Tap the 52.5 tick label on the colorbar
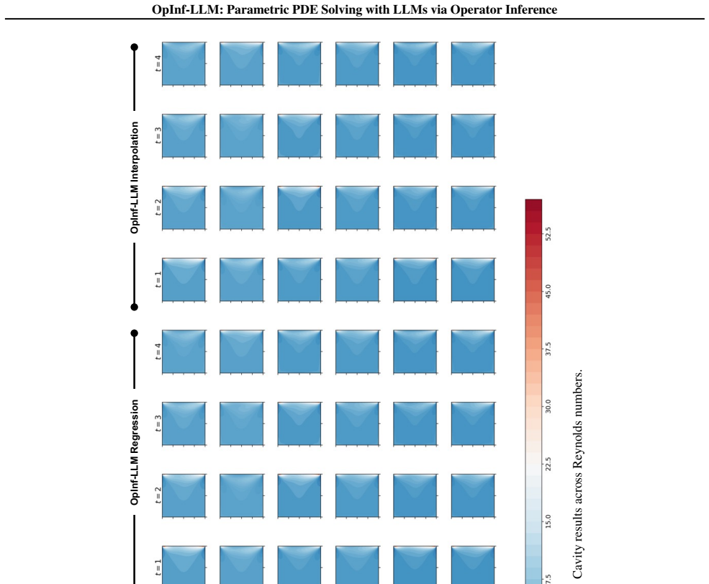[x=548, y=234]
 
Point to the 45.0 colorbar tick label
[x=548, y=291]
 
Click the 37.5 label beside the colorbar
[x=548, y=349]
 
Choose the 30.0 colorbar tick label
[x=548, y=406]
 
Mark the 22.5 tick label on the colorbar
[x=548, y=464]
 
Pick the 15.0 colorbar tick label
[x=548, y=521]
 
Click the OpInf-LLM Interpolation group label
[x=135, y=177]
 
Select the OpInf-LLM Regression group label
[x=135, y=452]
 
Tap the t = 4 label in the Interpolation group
[x=158, y=63]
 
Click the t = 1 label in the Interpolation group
[x=158, y=279]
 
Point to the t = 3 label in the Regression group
[x=158, y=423]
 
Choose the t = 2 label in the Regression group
[x=158, y=495]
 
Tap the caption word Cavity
[x=577, y=564]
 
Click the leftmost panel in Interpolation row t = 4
[x=184, y=64]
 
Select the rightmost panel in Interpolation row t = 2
[x=473, y=207]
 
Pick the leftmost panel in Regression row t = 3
[x=184, y=423]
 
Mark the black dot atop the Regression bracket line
[x=135, y=333]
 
